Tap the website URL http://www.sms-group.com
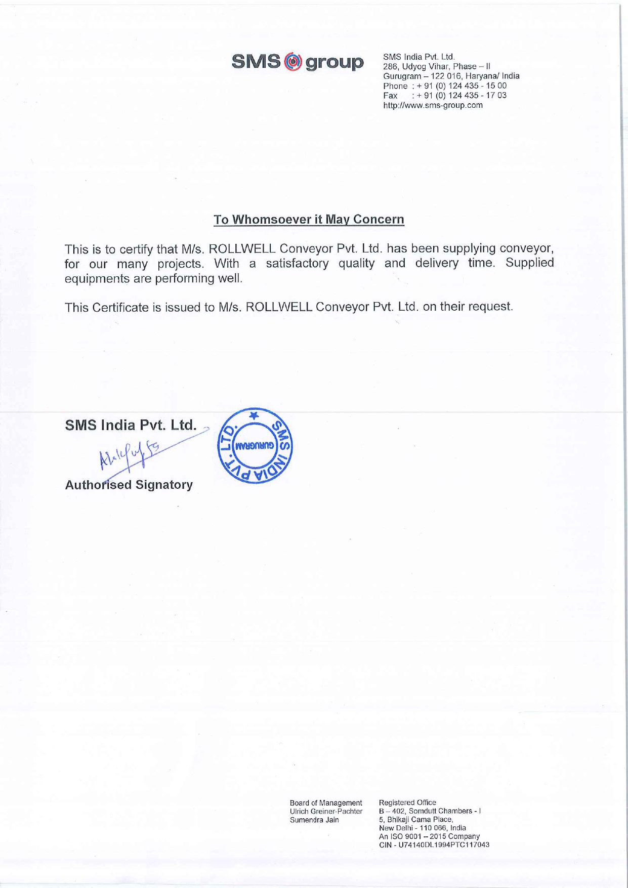tap(433, 105)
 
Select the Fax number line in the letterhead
tap(444, 96)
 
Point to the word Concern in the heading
tap(379, 220)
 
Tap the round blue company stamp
tap(255, 446)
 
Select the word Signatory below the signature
tap(164, 485)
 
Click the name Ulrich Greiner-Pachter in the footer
tap(326, 811)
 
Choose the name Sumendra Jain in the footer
tap(314, 820)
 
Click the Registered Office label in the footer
tap(407, 802)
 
